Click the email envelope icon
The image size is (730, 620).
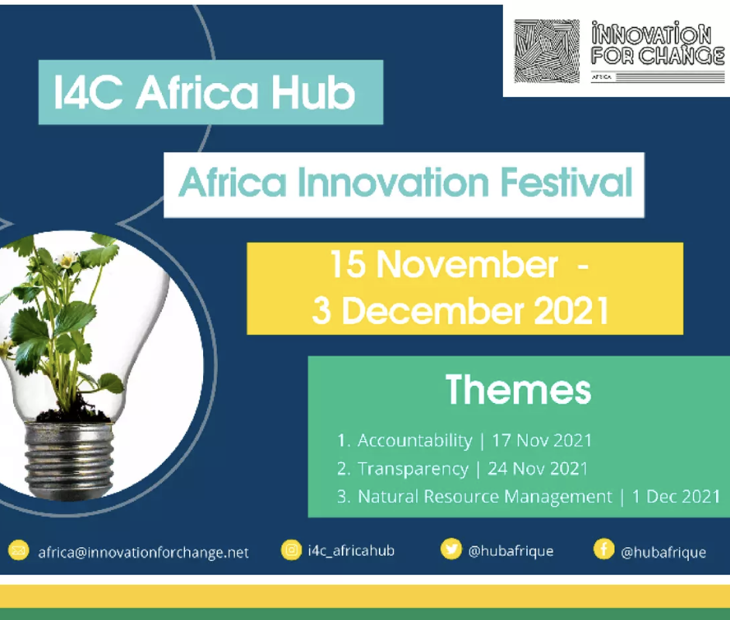[18, 551]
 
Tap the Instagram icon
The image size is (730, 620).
[291, 550]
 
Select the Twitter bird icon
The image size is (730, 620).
[451, 549]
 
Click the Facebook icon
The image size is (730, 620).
[604, 549]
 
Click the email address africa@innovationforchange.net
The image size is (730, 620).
[143, 553]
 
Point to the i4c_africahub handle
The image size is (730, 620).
[352, 551]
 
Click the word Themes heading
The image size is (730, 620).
[518, 390]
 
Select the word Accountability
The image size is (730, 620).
[415, 441]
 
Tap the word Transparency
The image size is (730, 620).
[413, 469]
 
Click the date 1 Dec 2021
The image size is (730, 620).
[676, 497]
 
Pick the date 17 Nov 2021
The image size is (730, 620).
[542, 440]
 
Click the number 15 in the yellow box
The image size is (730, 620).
[348, 264]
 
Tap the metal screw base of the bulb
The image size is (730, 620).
[69, 460]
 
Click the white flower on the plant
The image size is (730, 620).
[67, 258]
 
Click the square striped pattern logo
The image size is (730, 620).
[546, 51]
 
